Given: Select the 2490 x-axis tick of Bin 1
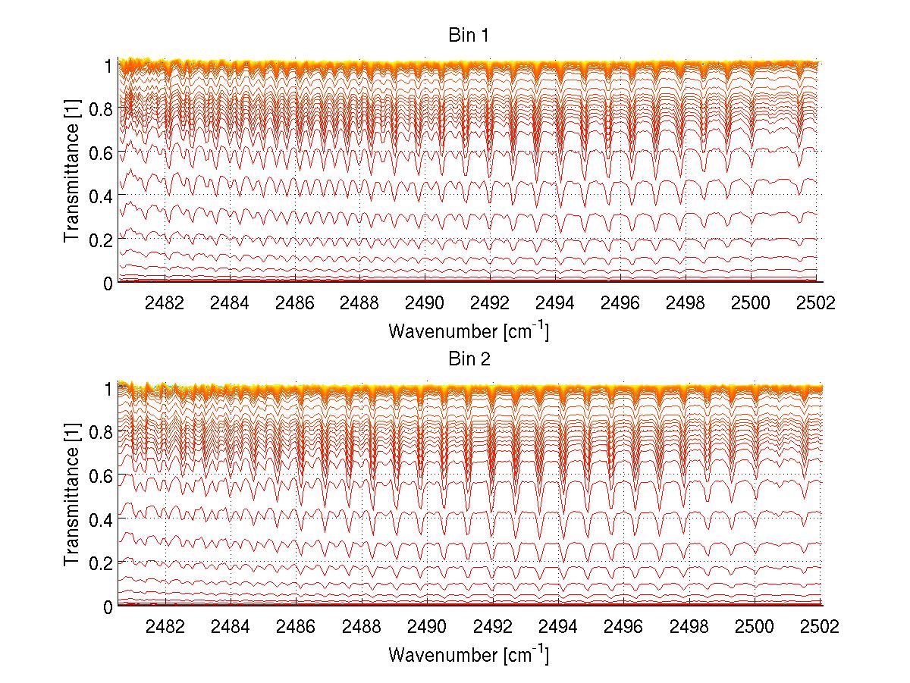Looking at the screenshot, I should pos(425,303).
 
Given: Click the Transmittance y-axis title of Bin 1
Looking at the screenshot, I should pos(71,174).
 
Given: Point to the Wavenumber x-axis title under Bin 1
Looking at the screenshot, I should pos(469,331).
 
